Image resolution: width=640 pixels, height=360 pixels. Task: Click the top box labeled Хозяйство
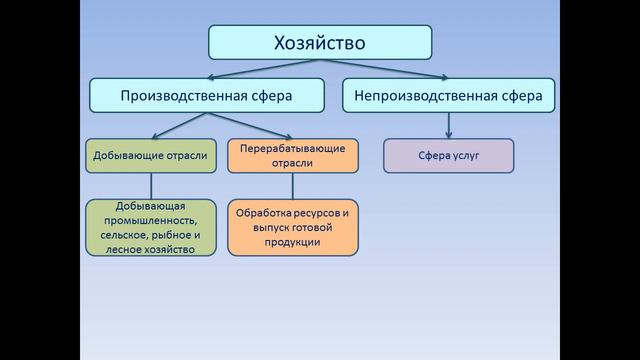pyautogui.click(x=320, y=43)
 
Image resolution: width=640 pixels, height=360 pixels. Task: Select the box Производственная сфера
pyautogui.click(x=208, y=96)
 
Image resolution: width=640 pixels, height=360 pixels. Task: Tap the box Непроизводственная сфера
pyautogui.click(x=449, y=96)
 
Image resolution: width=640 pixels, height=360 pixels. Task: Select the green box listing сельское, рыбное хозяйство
pyautogui.click(x=150, y=227)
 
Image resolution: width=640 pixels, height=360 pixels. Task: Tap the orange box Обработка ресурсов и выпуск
pyautogui.click(x=292, y=227)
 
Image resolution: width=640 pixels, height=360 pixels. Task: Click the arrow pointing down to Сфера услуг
pyautogui.click(x=449, y=125)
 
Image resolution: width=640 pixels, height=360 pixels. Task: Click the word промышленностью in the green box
pyautogui.click(x=150, y=219)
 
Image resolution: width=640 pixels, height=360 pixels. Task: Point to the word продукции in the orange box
pyautogui.click(x=292, y=242)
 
